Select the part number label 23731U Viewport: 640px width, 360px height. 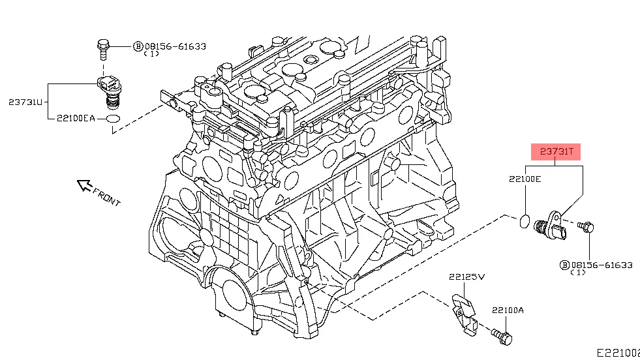(25, 102)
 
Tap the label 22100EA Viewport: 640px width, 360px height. (75, 119)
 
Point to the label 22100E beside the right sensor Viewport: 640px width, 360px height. (525, 178)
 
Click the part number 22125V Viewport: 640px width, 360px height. (466, 277)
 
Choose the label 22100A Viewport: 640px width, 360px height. (508, 310)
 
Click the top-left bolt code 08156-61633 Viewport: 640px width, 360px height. (175, 46)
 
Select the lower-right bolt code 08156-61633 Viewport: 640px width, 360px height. (602, 265)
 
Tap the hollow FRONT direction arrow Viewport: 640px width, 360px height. (84, 186)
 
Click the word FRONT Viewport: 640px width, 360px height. (107, 197)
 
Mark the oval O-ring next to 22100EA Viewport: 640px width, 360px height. (112, 119)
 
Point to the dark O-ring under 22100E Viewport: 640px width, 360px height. (525, 222)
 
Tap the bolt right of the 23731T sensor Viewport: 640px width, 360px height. (587, 227)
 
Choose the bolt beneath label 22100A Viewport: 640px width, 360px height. (503, 336)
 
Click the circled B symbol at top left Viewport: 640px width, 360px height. (138, 46)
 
